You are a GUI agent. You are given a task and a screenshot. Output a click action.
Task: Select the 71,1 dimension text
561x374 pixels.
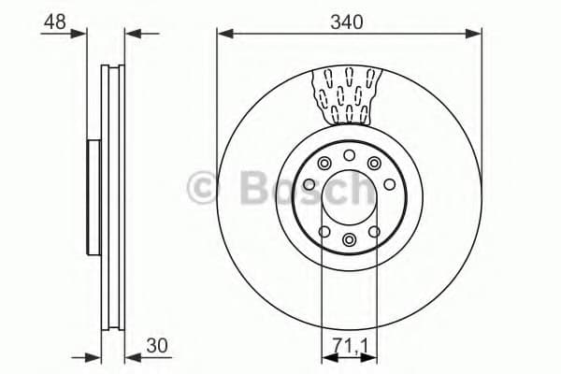pyautogui.click(x=349, y=345)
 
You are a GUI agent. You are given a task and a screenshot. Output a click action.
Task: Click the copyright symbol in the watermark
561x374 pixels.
pyautogui.click(x=202, y=188)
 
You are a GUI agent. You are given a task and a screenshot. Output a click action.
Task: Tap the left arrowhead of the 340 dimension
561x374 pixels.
pyautogui.click(x=223, y=34)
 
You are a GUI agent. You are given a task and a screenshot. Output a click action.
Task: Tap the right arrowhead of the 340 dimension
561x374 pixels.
pyautogui.click(x=477, y=34)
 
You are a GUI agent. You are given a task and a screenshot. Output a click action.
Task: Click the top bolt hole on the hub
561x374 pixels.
pyautogui.click(x=349, y=155)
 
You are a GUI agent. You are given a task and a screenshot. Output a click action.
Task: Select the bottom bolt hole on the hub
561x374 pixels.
pyautogui.click(x=349, y=240)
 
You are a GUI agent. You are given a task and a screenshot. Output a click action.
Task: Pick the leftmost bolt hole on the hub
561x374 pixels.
pyautogui.click(x=309, y=186)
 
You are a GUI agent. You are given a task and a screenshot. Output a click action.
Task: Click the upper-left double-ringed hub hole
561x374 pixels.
pyautogui.click(x=324, y=165)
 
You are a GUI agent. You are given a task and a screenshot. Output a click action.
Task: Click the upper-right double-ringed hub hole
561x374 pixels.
pyautogui.click(x=374, y=165)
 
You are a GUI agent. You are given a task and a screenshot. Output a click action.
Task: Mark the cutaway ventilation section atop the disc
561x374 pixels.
pyautogui.click(x=349, y=94)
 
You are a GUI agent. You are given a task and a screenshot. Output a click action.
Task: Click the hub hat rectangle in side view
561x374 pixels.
pyautogui.click(x=93, y=196)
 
